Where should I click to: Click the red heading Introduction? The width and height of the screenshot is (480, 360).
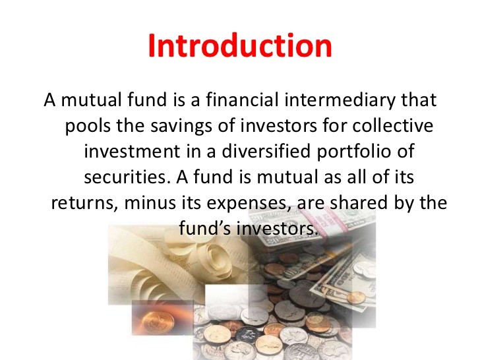click(x=240, y=45)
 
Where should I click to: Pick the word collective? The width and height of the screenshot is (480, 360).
click(x=392, y=125)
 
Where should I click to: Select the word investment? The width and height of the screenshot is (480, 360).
click(x=132, y=152)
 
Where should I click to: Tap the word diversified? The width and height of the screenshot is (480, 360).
click(x=266, y=151)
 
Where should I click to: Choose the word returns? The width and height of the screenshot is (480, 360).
click(x=85, y=203)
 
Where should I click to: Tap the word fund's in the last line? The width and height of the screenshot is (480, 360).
click(x=204, y=228)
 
